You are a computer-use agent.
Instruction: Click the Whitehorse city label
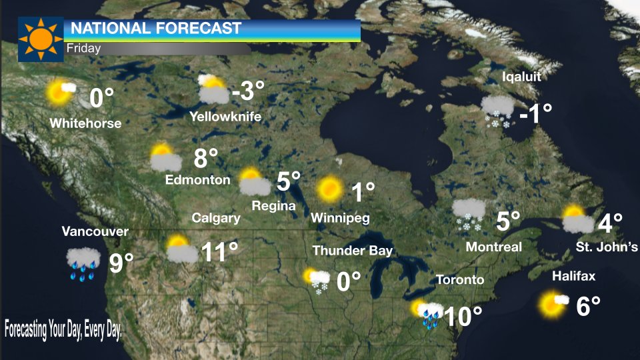(85, 123)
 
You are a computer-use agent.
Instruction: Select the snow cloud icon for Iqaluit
(497, 110)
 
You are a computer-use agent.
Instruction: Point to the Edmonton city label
(197, 179)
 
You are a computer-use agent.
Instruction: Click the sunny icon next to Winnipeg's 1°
(329, 189)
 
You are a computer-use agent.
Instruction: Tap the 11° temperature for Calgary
(220, 252)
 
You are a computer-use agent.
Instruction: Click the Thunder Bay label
(353, 251)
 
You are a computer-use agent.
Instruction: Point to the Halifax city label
(573, 276)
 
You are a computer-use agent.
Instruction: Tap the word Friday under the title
(83, 48)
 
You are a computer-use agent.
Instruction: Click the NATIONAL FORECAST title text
(155, 29)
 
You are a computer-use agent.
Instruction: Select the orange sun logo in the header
(40, 39)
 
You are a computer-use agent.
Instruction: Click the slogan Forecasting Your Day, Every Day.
(63, 330)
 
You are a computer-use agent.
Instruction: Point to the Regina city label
(273, 206)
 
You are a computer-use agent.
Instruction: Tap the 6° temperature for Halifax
(588, 306)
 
